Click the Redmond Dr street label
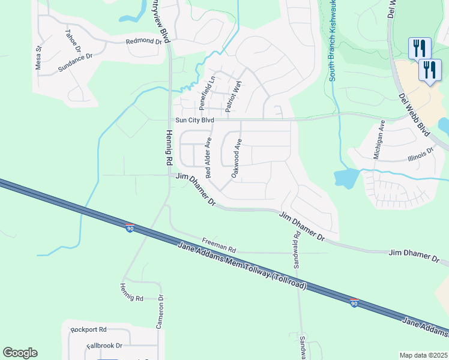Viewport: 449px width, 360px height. click(144, 42)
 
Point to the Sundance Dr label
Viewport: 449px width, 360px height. click(75, 63)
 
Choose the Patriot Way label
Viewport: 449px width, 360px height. click(233, 95)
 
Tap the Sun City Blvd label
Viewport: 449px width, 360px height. click(194, 120)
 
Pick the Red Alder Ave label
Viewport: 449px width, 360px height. click(208, 158)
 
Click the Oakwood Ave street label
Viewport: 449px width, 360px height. click(237, 158)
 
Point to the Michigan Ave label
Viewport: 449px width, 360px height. click(378, 140)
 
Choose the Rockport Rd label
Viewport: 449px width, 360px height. click(88, 329)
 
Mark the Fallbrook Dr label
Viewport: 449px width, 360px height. click(104, 346)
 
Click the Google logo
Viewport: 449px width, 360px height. click(20, 353)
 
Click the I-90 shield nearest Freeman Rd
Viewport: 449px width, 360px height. click(130, 228)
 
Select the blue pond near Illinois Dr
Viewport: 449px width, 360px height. click(347, 178)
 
